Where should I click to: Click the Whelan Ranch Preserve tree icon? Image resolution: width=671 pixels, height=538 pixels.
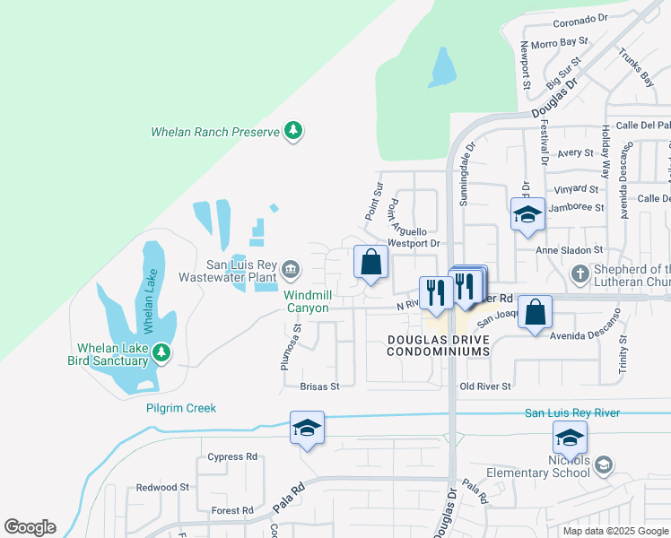point(292,132)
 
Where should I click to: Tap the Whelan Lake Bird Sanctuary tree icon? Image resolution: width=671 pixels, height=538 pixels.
point(161,353)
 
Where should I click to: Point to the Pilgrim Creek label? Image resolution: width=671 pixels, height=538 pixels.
point(181,408)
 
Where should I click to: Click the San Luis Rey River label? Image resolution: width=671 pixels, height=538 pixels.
point(571,412)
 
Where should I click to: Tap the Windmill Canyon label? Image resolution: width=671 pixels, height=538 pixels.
point(308,301)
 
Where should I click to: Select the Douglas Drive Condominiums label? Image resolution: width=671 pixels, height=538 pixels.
point(439,345)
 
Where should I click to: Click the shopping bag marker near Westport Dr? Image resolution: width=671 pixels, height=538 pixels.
point(371,263)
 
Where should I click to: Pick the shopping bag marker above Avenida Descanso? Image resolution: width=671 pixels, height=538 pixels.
point(535,313)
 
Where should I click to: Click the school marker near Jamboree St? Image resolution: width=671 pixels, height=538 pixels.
point(527,214)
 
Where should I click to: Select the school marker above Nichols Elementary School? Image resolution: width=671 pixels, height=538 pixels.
point(570,438)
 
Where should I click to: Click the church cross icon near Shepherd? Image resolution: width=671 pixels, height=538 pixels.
point(580,273)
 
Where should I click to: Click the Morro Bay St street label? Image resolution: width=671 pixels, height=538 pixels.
point(559,41)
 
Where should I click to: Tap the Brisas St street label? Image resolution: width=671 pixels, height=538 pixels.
point(320,386)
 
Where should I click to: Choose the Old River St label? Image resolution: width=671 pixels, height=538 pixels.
point(484,386)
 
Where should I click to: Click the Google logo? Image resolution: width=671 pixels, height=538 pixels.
point(30,527)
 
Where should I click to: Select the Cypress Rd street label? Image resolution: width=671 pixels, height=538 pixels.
point(231,456)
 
